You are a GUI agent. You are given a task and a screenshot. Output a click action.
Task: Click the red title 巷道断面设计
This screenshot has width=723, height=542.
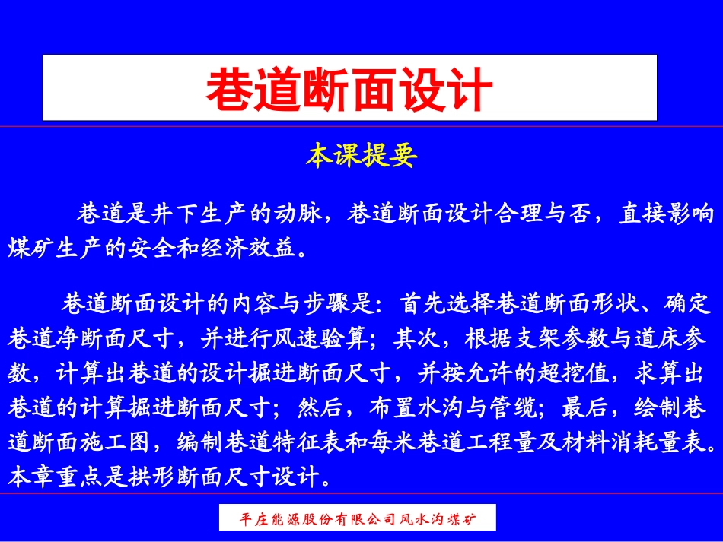tap(349, 89)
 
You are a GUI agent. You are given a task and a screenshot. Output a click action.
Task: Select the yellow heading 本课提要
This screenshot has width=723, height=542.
tap(361, 157)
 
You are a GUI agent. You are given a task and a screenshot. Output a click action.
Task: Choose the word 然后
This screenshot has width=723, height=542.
tap(323, 407)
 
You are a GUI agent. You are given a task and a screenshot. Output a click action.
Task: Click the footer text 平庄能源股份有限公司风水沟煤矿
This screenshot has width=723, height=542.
tap(357, 520)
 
